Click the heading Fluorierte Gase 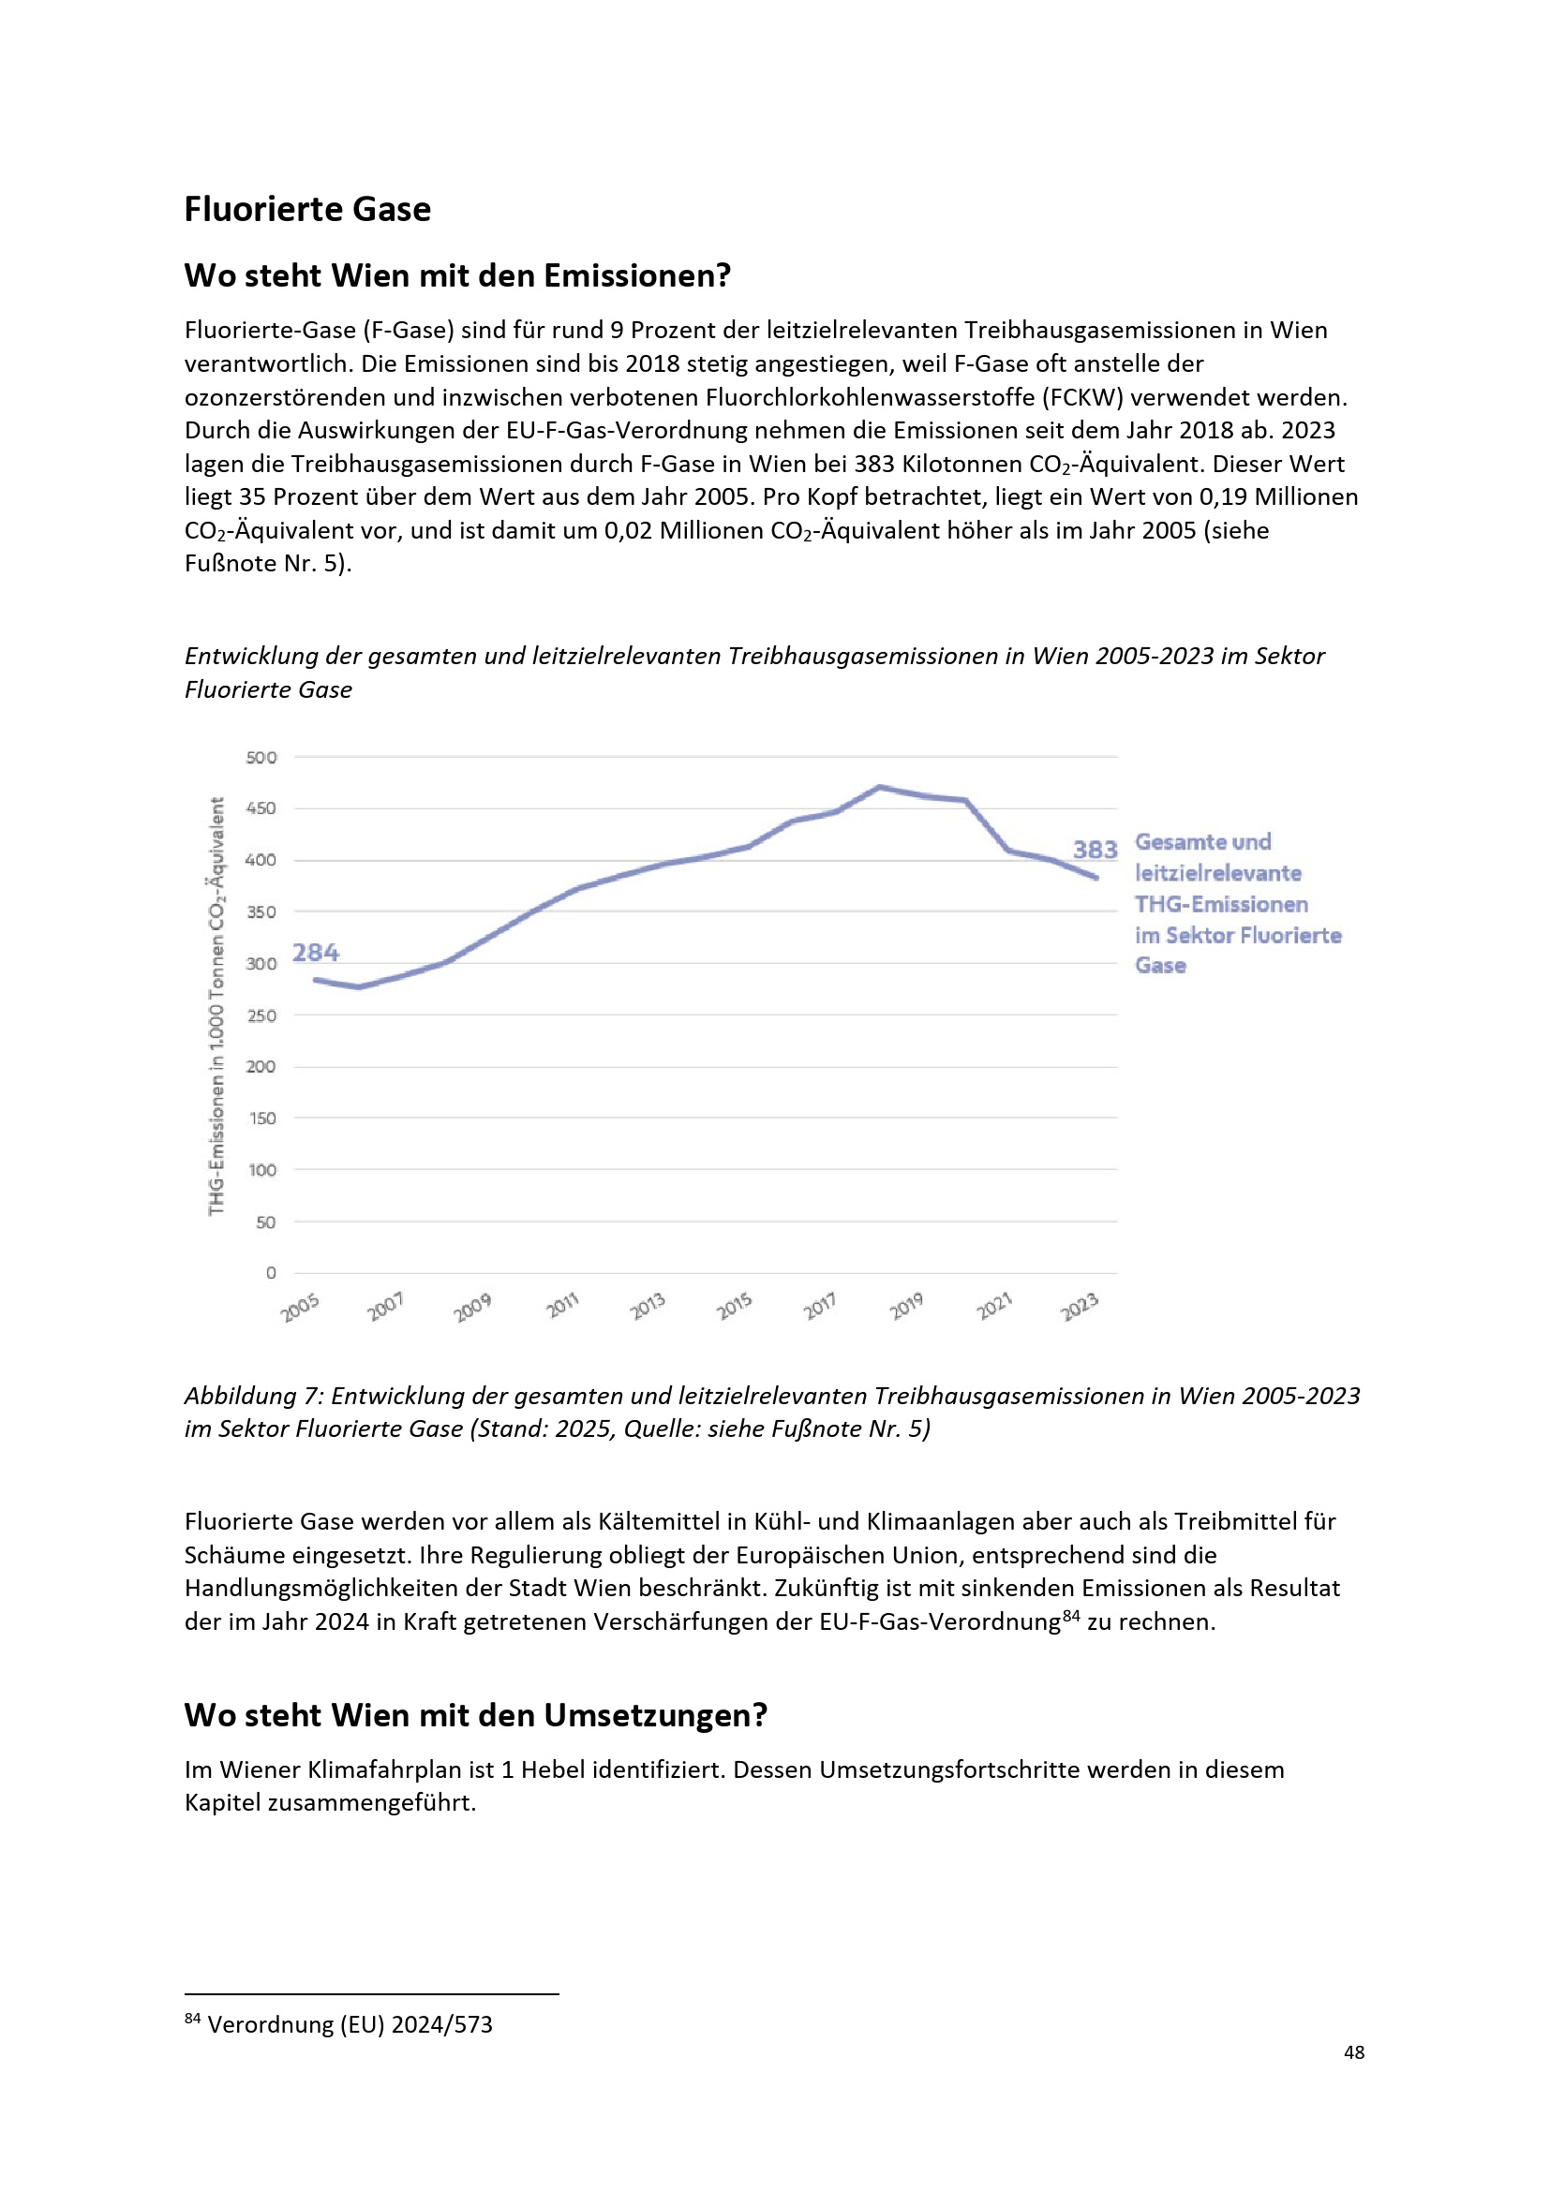coord(307,209)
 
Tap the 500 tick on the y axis coord(261,758)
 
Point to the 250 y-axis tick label coord(261,1015)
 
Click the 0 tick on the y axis coord(271,1272)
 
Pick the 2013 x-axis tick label coord(648,1307)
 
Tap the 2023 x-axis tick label coord(1080,1307)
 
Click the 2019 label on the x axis coord(907,1307)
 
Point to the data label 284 coord(315,953)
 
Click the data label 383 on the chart coord(1095,850)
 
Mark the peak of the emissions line coord(880,787)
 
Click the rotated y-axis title coord(217,1006)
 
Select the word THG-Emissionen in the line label coord(1221,904)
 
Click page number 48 coord(1353,2051)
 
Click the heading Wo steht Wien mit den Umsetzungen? coord(475,1715)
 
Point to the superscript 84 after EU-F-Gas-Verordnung coord(1071,1615)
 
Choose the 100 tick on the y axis coord(261,1170)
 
